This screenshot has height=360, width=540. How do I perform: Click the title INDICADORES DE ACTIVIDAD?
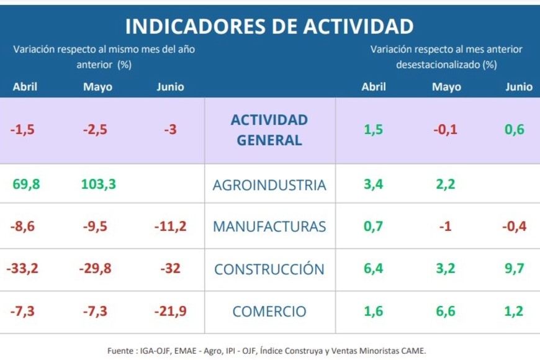coord(269,26)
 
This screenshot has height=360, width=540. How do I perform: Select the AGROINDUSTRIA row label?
coord(269,184)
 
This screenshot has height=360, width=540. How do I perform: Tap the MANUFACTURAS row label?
coord(269,227)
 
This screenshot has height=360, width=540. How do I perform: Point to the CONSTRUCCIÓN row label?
coord(269,269)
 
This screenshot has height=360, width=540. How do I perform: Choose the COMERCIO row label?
coord(269,311)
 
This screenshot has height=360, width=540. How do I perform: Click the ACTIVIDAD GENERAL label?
coord(269,130)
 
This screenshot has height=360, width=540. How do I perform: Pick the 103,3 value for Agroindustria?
coord(98,184)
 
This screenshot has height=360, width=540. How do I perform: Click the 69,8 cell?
coord(25,184)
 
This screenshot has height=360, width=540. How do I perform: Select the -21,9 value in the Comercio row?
coord(170,311)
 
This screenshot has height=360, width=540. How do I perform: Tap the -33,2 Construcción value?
coord(22,269)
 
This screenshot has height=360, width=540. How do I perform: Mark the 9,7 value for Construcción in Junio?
coord(515,269)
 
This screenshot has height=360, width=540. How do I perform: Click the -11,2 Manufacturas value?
coord(170,227)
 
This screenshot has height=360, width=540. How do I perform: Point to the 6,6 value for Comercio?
coord(446,311)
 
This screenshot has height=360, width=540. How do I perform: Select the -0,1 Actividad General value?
coord(446,130)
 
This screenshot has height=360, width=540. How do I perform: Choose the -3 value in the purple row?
coord(170,130)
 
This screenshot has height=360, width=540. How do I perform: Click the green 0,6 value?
coord(515,130)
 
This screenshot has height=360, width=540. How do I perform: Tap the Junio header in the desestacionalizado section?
coord(518,87)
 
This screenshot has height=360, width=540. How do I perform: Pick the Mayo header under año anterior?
coord(98,87)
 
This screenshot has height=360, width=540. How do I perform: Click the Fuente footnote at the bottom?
coord(267,351)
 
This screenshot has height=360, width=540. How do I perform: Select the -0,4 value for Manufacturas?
coord(515,227)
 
